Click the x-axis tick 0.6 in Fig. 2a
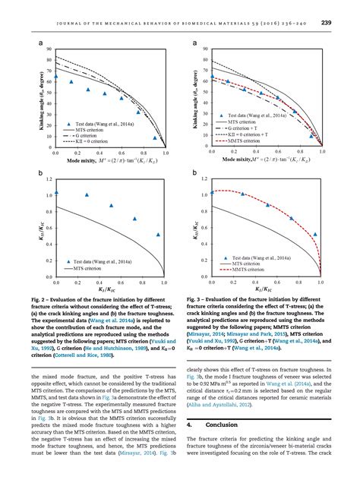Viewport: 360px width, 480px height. coord(122,153)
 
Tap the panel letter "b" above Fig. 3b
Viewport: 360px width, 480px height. coord(196,174)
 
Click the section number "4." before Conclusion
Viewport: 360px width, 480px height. coord(191,426)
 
